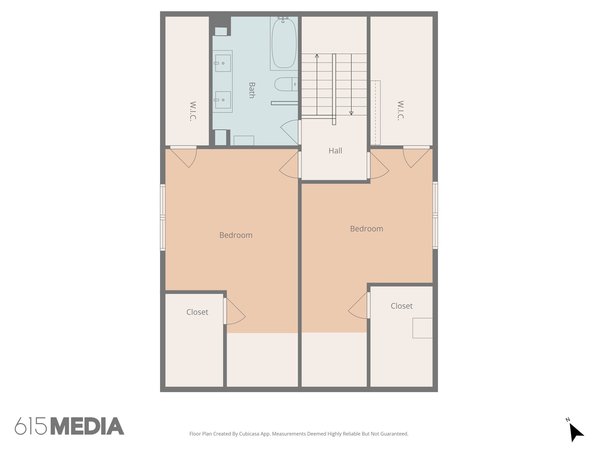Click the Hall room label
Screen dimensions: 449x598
[335, 151]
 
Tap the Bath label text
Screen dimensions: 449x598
[252, 90]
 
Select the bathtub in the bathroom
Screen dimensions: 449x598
[284, 43]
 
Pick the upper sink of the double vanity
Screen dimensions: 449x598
[223, 63]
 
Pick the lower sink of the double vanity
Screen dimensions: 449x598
[223, 100]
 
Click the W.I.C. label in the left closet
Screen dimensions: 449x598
[193, 111]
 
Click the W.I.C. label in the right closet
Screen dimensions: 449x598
[400, 110]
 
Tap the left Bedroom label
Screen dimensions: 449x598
[236, 235]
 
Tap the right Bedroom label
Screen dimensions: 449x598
[366, 229]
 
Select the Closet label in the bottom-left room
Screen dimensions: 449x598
[197, 312]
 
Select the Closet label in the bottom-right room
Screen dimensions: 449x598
[401, 306]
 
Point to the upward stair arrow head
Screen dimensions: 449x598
[317, 56]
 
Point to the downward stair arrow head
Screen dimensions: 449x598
[351, 113]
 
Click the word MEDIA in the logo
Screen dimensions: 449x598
[87, 426]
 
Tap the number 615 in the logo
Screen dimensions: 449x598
[31, 426]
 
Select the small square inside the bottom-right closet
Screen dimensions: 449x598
[422, 328]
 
